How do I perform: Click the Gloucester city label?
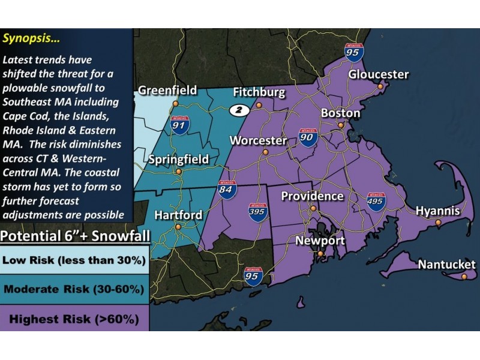(x=379, y=75)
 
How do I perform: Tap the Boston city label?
(x=340, y=113)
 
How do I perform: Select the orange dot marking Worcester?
(x=265, y=152)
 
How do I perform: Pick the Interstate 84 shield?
(x=227, y=189)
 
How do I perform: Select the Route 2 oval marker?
(x=239, y=110)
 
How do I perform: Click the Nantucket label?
(x=446, y=265)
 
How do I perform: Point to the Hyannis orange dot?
(x=438, y=223)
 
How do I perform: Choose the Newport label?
(x=320, y=241)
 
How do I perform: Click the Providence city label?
(x=312, y=196)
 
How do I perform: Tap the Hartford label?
(x=178, y=215)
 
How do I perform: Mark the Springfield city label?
(x=179, y=160)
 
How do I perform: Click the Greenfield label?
(x=167, y=91)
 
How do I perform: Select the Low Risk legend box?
(x=74, y=260)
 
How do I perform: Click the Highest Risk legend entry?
(x=74, y=318)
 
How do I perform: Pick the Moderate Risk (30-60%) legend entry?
(x=74, y=289)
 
